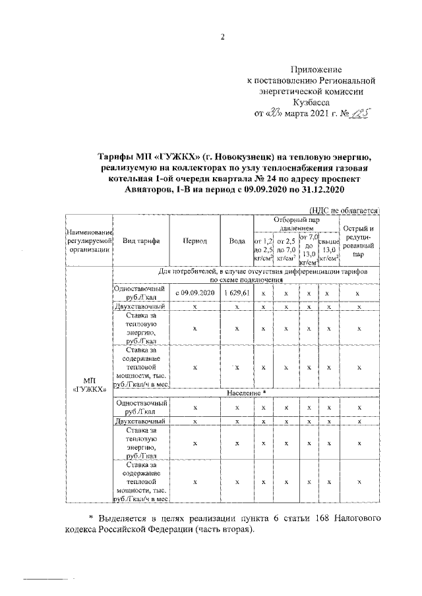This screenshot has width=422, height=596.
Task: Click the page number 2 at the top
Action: [223, 37]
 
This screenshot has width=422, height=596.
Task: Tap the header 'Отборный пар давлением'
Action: [297, 223]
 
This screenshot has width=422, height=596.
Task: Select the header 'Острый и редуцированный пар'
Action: [358, 241]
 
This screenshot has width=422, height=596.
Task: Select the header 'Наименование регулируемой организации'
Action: [89, 241]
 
